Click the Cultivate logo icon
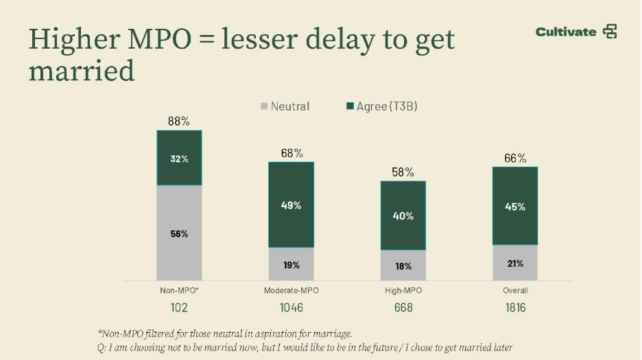pos(610,32)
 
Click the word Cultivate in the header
pos(566,32)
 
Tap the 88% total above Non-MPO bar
pos(179,121)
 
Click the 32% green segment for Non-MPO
pos(179,158)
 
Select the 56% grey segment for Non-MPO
pos(179,233)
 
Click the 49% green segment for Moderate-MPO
pos(292,205)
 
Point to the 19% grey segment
pos(292,265)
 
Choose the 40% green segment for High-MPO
pos(403,216)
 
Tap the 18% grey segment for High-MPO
pos(403,266)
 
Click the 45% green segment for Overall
pos(515,206)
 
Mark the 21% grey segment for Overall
pos(515,263)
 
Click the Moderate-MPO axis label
pos(292,291)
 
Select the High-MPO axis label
pos(403,291)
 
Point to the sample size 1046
pos(292,308)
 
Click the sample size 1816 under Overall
pos(515,308)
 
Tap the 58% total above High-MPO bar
pos(403,172)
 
